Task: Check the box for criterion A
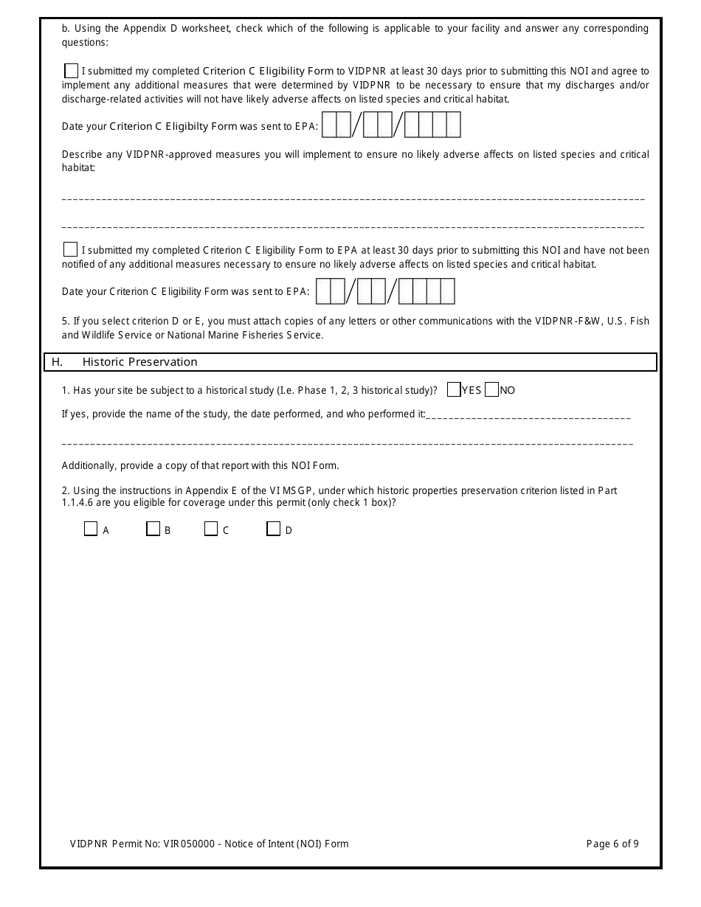click(x=91, y=529)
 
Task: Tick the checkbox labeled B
click(x=153, y=529)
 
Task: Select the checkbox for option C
click(x=211, y=529)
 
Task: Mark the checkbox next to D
click(x=273, y=529)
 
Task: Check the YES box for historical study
click(x=454, y=390)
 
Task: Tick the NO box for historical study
click(x=492, y=390)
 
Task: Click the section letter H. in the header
click(x=57, y=362)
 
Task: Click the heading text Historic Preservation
click(x=139, y=362)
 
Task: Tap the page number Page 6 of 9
click(x=612, y=844)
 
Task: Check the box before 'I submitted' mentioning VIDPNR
click(x=71, y=72)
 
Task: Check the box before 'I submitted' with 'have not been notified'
click(x=71, y=250)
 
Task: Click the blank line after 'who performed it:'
click(x=528, y=417)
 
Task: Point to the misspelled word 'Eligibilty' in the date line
click(x=187, y=126)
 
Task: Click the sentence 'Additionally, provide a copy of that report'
click(x=199, y=465)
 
